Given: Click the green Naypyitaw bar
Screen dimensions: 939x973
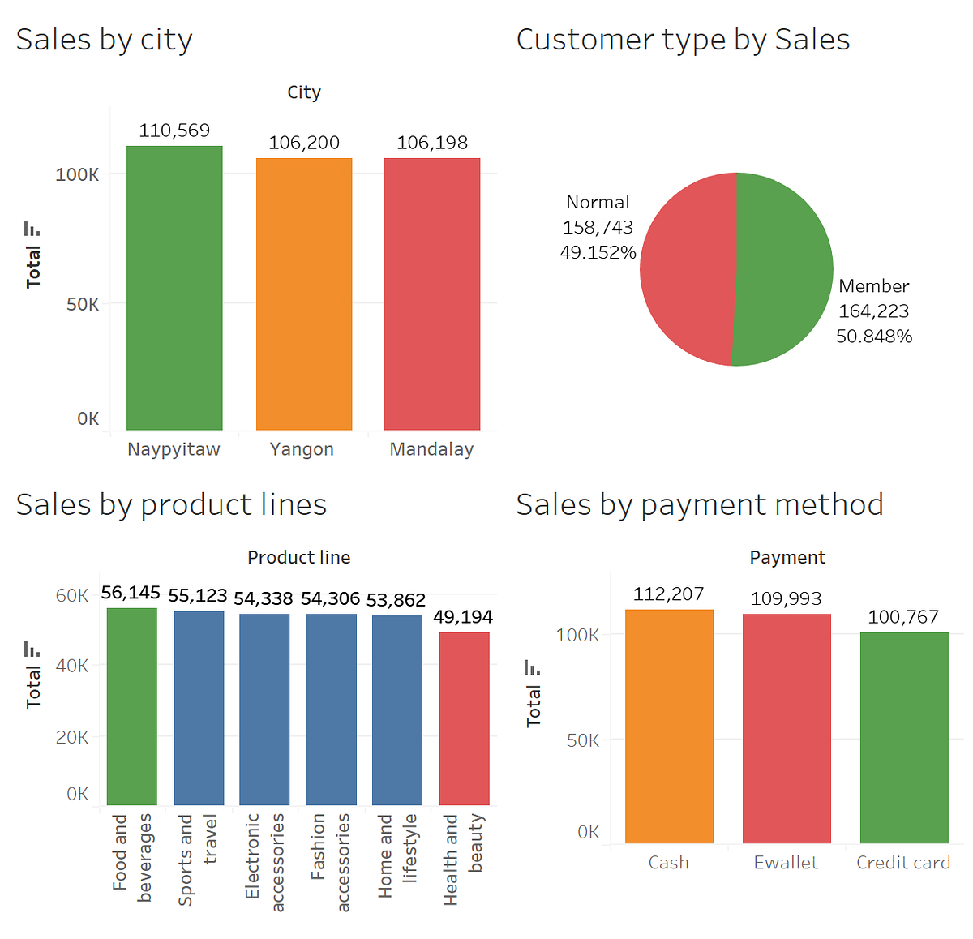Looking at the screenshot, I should [x=174, y=288].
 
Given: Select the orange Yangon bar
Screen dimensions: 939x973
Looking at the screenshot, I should [x=304, y=294].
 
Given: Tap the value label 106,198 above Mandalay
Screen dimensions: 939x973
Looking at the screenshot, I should [x=432, y=143].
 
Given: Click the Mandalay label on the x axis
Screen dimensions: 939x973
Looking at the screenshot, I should [x=431, y=449].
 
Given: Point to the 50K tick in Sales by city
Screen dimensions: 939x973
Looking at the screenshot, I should [x=83, y=304].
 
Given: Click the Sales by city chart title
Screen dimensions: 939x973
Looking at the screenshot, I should [x=105, y=40].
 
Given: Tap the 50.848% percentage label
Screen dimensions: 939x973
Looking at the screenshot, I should [x=874, y=336].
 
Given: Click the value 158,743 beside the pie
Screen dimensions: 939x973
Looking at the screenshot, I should [x=598, y=227].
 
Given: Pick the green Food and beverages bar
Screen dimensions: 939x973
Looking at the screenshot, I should [x=132, y=706].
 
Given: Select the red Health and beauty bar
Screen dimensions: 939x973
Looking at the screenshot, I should [x=464, y=718].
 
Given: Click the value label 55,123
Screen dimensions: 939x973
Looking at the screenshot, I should [x=198, y=595].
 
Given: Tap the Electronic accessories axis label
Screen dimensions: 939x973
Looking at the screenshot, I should [x=264, y=861].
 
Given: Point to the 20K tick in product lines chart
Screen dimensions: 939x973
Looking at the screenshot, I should [x=72, y=737].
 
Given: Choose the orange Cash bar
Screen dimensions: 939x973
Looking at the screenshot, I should [x=669, y=726].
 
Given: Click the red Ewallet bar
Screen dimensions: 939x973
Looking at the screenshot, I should [x=787, y=728].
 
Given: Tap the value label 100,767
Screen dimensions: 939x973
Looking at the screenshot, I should [x=903, y=617].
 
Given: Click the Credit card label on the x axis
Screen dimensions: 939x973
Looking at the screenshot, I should [x=903, y=863].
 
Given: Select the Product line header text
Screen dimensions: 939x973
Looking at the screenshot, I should [x=299, y=558].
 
